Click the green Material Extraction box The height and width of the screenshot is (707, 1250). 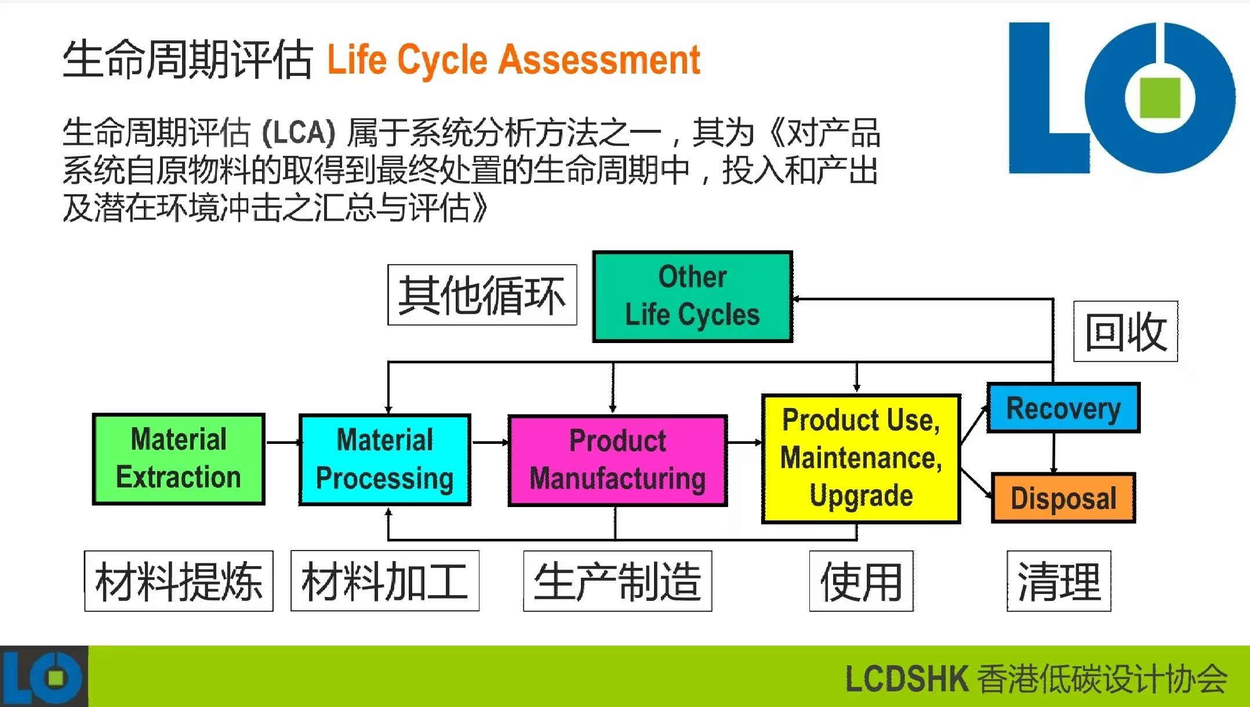point(179,459)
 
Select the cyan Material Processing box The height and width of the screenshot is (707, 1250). point(385,460)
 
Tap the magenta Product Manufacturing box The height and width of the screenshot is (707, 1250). point(617,461)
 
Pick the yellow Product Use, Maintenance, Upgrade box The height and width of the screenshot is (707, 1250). point(861,458)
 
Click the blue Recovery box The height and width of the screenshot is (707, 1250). point(1064,408)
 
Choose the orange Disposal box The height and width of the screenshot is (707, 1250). point(1063,498)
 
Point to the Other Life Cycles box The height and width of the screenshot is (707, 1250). point(693,296)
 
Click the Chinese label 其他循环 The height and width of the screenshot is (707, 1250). point(482,294)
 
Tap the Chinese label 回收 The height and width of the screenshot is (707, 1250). point(1125,331)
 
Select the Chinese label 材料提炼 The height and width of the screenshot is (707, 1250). point(179,581)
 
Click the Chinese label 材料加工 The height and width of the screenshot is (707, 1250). point(385,581)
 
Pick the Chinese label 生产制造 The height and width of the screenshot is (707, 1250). point(617,581)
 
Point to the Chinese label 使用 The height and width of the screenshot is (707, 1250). point(862,581)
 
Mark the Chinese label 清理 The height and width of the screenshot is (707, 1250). point(1059,581)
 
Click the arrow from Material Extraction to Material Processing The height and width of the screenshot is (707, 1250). point(283,443)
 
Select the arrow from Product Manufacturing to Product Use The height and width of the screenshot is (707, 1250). point(745,443)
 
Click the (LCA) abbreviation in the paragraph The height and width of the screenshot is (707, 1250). point(299,133)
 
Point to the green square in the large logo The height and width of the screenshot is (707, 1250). point(1160,97)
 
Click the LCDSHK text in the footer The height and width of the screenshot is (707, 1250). point(907,679)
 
